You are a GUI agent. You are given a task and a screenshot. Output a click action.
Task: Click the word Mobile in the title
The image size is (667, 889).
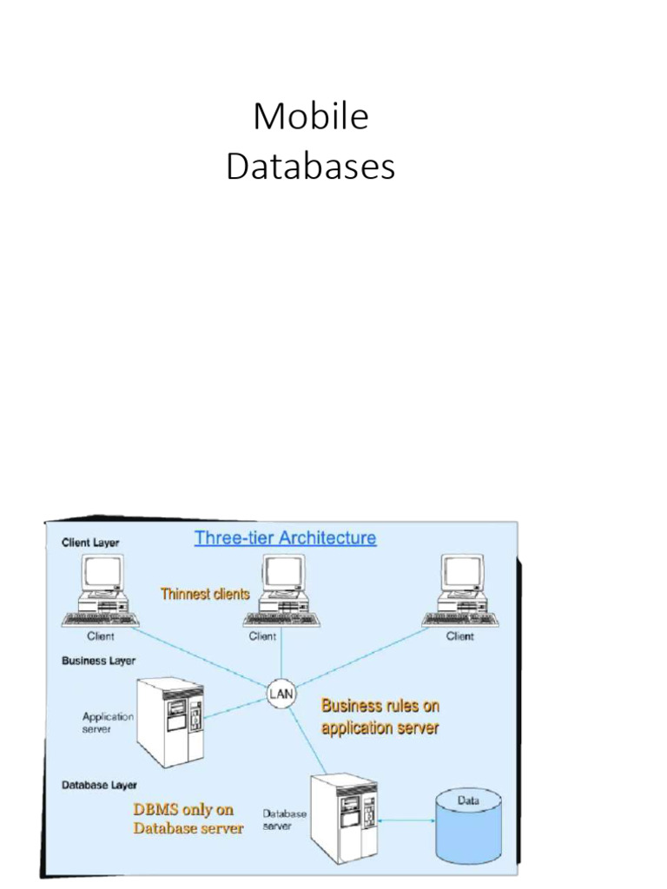[x=311, y=117]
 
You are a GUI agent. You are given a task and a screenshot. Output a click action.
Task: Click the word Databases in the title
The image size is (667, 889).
[x=311, y=167]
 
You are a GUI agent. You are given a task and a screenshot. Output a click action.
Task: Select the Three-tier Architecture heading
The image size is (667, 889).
[x=285, y=537]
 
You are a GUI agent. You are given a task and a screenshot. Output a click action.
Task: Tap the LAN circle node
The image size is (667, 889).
[x=281, y=693]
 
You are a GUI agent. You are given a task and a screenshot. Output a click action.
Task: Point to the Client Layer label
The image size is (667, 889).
[x=90, y=543]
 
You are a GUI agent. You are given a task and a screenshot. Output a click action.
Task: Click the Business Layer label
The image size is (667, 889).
[x=98, y=661]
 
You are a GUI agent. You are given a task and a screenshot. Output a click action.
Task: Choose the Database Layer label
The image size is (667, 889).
[x=99, y=785]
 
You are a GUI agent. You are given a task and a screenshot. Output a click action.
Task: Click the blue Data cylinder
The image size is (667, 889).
[x=468, y=821]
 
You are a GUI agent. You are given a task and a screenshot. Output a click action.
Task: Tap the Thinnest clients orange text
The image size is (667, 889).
[x=205, y=595]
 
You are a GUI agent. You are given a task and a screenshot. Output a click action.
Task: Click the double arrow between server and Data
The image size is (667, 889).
[x=407, y=820]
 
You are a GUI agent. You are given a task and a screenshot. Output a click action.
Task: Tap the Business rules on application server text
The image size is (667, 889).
[x=380, y=717]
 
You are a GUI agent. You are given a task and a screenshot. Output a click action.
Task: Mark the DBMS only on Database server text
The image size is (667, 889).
[x=188, y=819]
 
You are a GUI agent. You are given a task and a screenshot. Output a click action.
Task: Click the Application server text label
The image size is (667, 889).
[x=108, y=722]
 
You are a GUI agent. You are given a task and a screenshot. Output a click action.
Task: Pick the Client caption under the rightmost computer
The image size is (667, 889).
[x=460, y=636]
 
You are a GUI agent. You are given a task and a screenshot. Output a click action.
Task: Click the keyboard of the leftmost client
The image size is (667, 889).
[x=101, y=619]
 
